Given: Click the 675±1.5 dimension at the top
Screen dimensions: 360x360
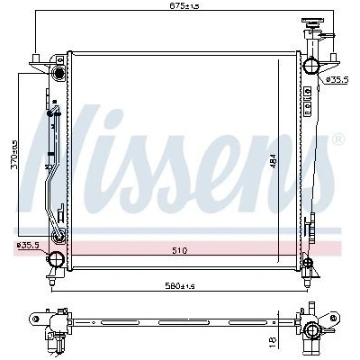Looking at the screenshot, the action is pyautogui.click(x=184, y=5).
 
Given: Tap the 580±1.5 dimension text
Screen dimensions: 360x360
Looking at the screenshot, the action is pyautogui.click(x=180, y=286).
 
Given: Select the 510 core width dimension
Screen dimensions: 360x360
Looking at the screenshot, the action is pyautogui.click(x=180, y=250).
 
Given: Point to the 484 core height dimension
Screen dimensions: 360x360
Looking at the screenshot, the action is pyautogui.click(x=274, y=163).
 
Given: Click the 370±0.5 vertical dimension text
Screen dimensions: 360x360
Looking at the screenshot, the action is pyautogui.click(x=14, y=155).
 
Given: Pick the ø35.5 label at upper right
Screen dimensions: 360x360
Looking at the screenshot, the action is pyautogui.click(x=337, y=79).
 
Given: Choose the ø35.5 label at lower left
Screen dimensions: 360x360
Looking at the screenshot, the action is pyautogui.click(x=28, y=246).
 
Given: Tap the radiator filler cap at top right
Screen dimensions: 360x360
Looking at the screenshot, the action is pyautogui.click(x=313, y=22).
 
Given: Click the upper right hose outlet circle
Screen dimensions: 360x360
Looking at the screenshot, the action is pyautogui.click(x=310, y=66).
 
